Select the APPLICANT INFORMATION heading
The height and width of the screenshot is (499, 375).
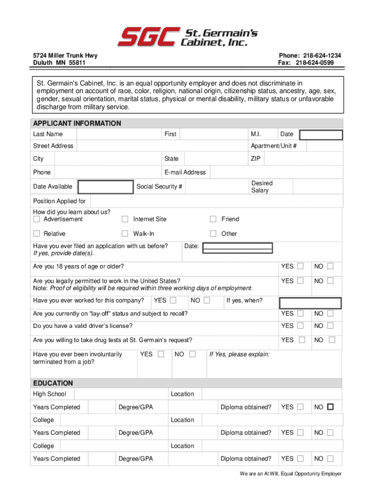pos(77,123)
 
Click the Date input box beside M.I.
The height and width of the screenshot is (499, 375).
pos(321,135)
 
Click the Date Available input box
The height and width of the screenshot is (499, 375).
pos(106,187)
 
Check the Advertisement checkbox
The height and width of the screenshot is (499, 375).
pos(37,219)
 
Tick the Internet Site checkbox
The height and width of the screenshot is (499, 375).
pos(125,219)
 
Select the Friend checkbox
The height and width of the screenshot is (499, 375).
pos(213,219)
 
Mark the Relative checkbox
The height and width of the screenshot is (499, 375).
pos(37,233)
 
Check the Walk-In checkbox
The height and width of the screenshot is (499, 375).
pos(125,233)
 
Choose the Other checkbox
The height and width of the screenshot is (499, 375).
pos(213,233)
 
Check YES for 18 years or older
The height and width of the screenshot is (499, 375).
pos(300,266)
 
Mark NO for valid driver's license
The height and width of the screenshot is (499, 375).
pos(331,326)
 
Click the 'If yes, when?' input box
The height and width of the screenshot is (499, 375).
pos(310,303)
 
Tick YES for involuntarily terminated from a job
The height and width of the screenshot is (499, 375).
pos(161,354)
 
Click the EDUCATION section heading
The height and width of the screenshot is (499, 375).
pos(53,383)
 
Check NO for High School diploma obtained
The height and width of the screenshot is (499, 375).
pos(331,407)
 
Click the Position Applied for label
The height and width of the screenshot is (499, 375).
pos(59,201)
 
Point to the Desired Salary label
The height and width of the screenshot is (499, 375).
pos(262,187)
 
